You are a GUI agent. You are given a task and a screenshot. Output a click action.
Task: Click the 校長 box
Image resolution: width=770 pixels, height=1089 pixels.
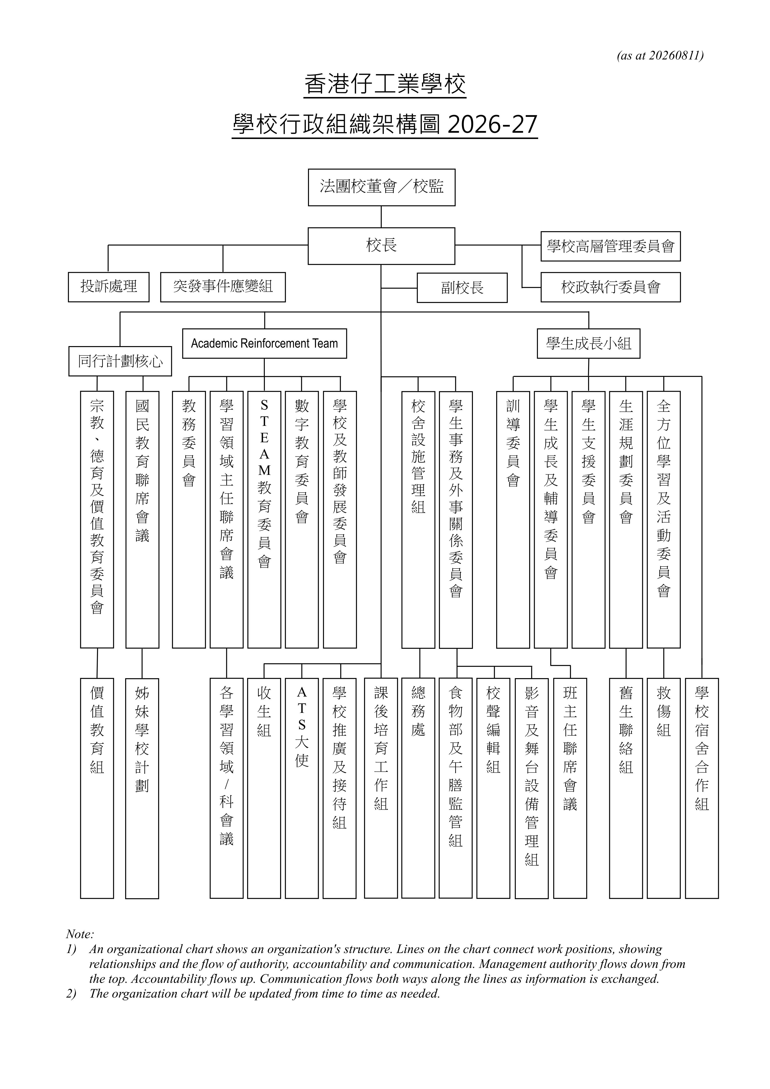coord(381,246)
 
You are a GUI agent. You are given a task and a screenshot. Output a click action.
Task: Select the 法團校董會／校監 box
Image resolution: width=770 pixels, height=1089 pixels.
coord(382,187)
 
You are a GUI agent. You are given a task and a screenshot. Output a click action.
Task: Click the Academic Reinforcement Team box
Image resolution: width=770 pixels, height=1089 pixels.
coord(265,343)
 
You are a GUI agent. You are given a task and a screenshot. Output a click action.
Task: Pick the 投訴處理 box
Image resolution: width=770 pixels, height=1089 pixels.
coord(109,287)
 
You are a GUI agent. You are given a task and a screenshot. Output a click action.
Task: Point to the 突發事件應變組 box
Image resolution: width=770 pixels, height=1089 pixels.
coord(223,287)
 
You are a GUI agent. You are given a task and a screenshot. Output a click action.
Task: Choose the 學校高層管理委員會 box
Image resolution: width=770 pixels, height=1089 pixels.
coord(611,246)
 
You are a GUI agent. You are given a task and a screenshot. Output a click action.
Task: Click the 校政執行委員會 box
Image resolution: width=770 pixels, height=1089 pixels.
coord(611,287)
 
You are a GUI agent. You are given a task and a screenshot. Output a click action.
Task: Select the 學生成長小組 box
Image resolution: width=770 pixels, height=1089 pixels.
coord(588,343)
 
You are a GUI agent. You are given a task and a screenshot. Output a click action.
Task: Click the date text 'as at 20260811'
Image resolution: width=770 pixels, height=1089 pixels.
coord(660,56)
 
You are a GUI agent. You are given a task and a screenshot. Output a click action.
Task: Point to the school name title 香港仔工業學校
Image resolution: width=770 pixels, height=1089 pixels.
coord(385,84)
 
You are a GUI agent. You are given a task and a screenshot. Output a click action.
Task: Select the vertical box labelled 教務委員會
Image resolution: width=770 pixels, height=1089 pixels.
coord(189,519)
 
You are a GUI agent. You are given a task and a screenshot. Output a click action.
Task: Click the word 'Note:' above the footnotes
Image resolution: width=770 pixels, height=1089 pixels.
coord(80,934)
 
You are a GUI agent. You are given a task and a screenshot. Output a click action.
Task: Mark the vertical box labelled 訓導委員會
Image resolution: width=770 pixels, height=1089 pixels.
coord(513,519)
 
